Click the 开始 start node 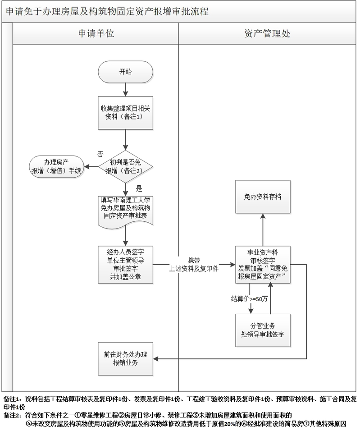(x=126, y=72)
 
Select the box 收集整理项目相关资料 (x=126, y=113)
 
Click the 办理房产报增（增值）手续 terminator (x=56, y=166)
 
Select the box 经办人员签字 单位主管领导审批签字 (x=126, y=264)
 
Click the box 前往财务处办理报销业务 (x=126, y=358)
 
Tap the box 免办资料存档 (x=263, y=197)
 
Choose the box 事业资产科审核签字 (x=263, y=264)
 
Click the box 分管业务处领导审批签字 (x=263, y=330)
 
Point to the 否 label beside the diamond (x=100, y=154)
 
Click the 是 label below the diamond (x=139, y=188)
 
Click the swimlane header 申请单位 (x=96, y=34)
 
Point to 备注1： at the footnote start (x=13, y=399)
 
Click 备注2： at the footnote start (x=13, y=415)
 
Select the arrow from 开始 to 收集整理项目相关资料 (x=126, y=89)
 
